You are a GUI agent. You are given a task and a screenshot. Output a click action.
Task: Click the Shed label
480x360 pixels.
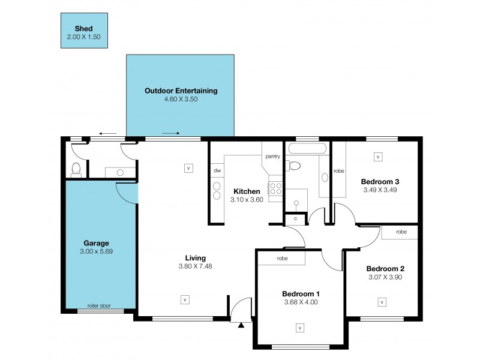[83, 28]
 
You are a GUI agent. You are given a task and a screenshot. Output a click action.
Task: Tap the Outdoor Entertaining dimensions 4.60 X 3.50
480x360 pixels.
[181, 99]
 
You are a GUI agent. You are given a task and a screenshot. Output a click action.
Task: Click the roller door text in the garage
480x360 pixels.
[100, 305]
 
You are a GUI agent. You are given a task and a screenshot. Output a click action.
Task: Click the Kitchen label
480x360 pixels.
[247, 191]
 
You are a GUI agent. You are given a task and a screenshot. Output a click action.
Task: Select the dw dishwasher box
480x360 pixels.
[217, 170]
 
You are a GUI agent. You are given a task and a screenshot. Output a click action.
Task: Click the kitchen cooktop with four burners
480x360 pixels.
[275, 189]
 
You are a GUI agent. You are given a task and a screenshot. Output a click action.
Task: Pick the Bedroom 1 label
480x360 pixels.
[301, 293]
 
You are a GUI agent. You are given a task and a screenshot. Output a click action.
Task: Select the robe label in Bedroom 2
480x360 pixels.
[401, 232]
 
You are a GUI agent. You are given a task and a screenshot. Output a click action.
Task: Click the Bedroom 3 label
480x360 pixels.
[380, 181]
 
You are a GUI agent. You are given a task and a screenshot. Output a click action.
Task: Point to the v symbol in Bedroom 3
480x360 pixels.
[378, 157]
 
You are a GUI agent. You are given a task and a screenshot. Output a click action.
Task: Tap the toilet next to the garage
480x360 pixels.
[76, 169]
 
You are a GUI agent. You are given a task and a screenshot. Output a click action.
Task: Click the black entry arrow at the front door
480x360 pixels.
[241, 326]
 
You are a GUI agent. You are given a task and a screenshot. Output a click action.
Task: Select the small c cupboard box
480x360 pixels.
[295, 219]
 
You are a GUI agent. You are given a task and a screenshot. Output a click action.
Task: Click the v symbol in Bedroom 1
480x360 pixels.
[299, 328]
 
